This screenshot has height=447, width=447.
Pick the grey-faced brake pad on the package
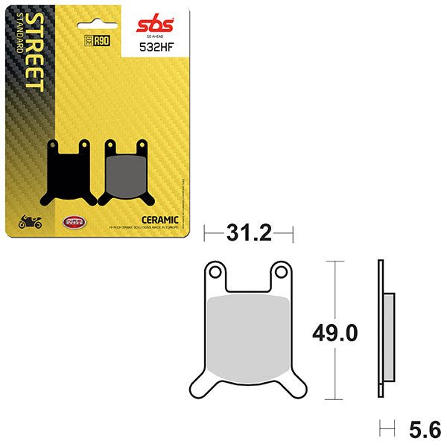(x=124, y=173)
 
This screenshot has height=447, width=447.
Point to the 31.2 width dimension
(x=248, y=235)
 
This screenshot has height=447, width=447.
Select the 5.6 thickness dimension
(x=425, y=430)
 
